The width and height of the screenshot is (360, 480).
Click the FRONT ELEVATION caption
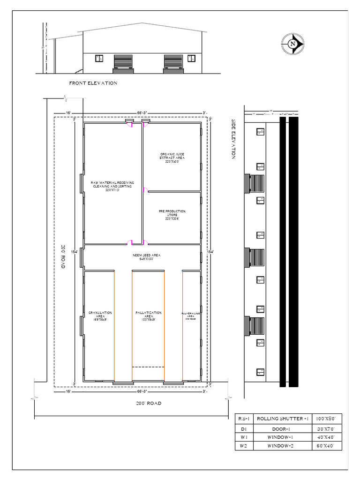[93, 83]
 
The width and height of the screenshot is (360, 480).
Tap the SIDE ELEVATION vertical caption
[233, 140]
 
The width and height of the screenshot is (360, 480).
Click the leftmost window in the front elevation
[99, 59]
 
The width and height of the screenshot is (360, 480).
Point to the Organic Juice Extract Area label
[172, 157]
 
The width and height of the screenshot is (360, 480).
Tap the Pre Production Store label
[172, 215]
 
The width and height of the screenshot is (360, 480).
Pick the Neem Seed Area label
[146, 257]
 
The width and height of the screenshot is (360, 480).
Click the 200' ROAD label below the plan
[149, 403]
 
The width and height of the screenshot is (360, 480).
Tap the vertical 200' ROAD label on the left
[63, 256]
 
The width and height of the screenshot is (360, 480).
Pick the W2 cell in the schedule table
[243, 446]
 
